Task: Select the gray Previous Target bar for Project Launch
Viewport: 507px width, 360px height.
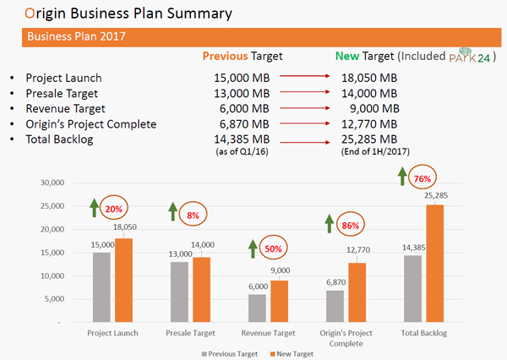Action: click(102, 287)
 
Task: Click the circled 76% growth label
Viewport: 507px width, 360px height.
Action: click(422, 178)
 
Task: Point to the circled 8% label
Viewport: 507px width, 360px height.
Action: click(193, 215)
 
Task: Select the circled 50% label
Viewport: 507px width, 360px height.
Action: click(275, 249)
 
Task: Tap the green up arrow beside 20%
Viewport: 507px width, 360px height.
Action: click(95, 207)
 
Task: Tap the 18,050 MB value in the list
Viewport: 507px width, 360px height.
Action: click(368, 78)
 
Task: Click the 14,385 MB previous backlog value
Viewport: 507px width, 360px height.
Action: click(243, 139)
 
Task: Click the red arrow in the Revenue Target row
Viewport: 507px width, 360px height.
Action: click(312, 107)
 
